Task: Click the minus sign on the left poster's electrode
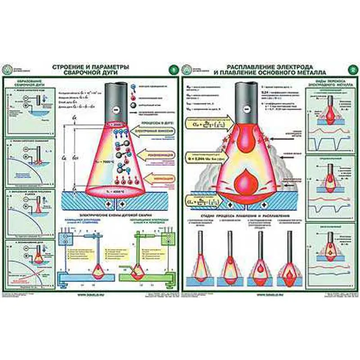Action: (x=116, y=109)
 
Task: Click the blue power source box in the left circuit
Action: (x=67, y=239)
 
